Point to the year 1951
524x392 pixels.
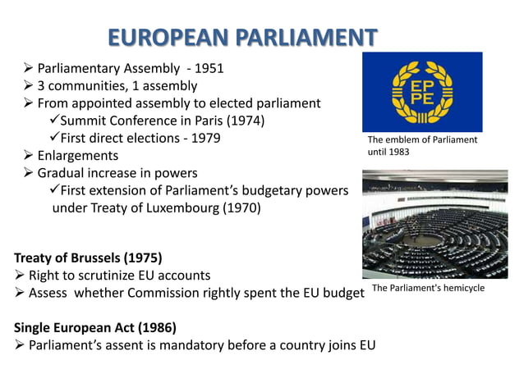coord(207,68)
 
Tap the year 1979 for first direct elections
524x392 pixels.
coord(205,138)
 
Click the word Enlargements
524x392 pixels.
coord(78,155)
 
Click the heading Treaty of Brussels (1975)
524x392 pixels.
coord(88,258)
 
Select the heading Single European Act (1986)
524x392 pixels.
coord(95,327)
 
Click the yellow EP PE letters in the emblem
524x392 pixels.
coord(422,93)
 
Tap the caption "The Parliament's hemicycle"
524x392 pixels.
coord(429,289)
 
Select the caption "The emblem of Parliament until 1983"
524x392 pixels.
coord(422,146)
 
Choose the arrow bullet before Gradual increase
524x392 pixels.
coord(29,173)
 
